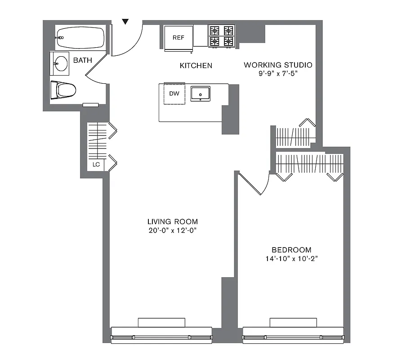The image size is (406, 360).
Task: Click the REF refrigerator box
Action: point(179,37)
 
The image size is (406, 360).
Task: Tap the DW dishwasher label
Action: point(174,94)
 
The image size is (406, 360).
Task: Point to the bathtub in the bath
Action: point(80,37)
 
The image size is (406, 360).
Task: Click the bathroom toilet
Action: point(63,90)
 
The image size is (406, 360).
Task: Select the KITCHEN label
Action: point(196,66)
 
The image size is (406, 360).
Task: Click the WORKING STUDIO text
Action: point(278,65)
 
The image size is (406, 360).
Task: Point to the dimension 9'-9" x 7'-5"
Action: point(278,73)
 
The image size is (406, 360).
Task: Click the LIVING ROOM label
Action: point(173,221)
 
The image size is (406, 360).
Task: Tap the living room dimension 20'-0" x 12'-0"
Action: point(173,230)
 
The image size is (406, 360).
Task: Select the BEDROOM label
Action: point(291,250)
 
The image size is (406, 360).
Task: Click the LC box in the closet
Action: point(96,165)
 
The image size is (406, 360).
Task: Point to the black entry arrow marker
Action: point(126,21)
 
